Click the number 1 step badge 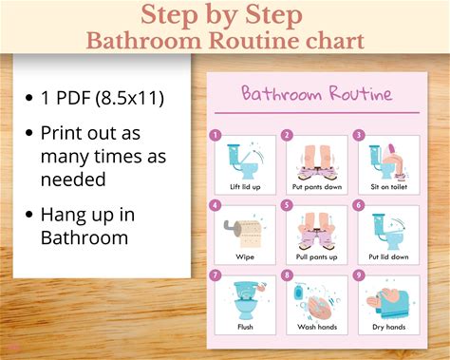(216, 136)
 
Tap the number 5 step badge (287, 205)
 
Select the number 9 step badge (359, 275)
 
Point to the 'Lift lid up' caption (245, 187)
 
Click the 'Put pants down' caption (317, 187)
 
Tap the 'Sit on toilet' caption (388, 187)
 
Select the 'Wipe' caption (245, 256)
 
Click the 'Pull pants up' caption (316, 257)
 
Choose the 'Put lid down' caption (388, 256)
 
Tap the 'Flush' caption (245, 327)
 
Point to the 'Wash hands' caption (317, 327)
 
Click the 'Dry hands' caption (388, 327)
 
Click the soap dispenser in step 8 (298, 292)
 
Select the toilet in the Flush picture (246, 300)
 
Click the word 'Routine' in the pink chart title (361, 94)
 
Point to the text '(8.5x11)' (130, 98)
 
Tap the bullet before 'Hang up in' (29, 215)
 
